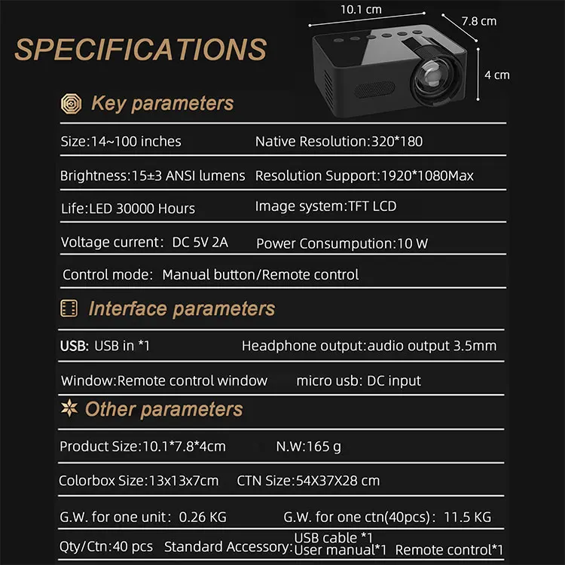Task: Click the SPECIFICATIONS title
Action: pos(141,50)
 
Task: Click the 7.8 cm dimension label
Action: pos(479,21)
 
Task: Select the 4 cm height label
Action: pos(497,75)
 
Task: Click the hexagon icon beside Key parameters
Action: pos(71,104)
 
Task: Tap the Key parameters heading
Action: pos(162,104)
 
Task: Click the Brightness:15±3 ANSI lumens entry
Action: pos(152,176)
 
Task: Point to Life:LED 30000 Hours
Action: pos(127,209)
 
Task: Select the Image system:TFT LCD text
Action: pos(325,206)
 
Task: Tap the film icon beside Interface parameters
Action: pos(69,308)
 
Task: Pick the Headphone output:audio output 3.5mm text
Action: pos(368,346)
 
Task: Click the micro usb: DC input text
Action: pos(359,380)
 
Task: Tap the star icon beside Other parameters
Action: pos(69,408)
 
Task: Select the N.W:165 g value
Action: pos(308,447)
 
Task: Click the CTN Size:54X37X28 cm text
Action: pos(308,481)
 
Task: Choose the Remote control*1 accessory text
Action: pos(449,550)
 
